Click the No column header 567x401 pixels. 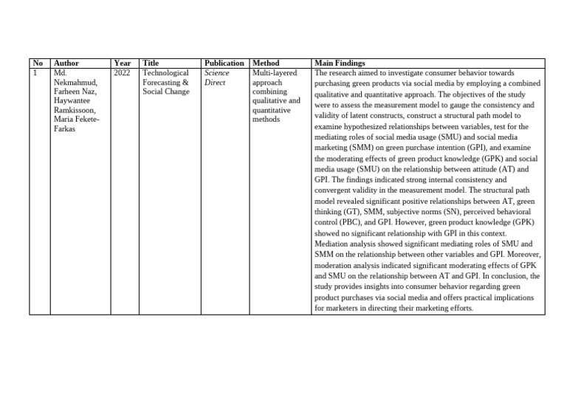click(38, 64)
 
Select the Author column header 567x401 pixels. click(66, 64)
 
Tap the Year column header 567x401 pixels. click(123, 64)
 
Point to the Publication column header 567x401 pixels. click(224, 64)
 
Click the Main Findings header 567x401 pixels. click(340, 64)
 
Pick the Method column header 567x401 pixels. click(266, 64)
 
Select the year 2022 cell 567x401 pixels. click(123, 73)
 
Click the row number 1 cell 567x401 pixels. click(35, 73)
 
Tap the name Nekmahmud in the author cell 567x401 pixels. click(75, 83)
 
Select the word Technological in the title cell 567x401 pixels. click(165, 73)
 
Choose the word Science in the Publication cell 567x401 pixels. click(217, 73)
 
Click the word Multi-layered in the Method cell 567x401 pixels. click(272, 73)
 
